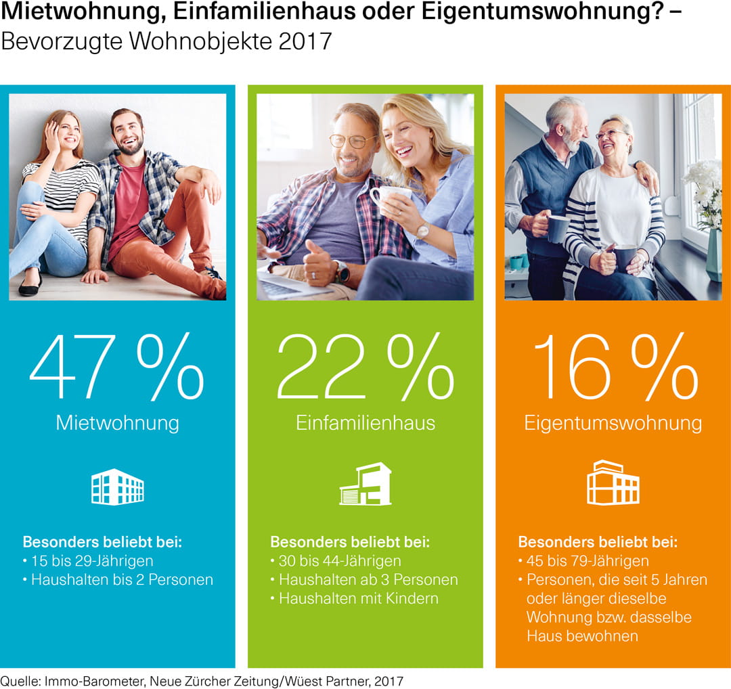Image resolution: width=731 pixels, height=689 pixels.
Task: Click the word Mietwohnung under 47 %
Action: (117, 423)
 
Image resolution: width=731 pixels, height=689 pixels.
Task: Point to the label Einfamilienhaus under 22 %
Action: (365, 423)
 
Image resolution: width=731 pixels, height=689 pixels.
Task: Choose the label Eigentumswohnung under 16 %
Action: (613, 423)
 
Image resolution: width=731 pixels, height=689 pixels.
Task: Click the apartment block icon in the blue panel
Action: (117, 487)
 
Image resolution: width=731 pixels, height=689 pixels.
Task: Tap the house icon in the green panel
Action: (365, 484)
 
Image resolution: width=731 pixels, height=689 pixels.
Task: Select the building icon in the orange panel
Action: (613, 483)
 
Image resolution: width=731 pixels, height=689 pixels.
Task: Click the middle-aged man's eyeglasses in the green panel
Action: (352, 141)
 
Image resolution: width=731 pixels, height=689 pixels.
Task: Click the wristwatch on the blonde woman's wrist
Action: (422, 231)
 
